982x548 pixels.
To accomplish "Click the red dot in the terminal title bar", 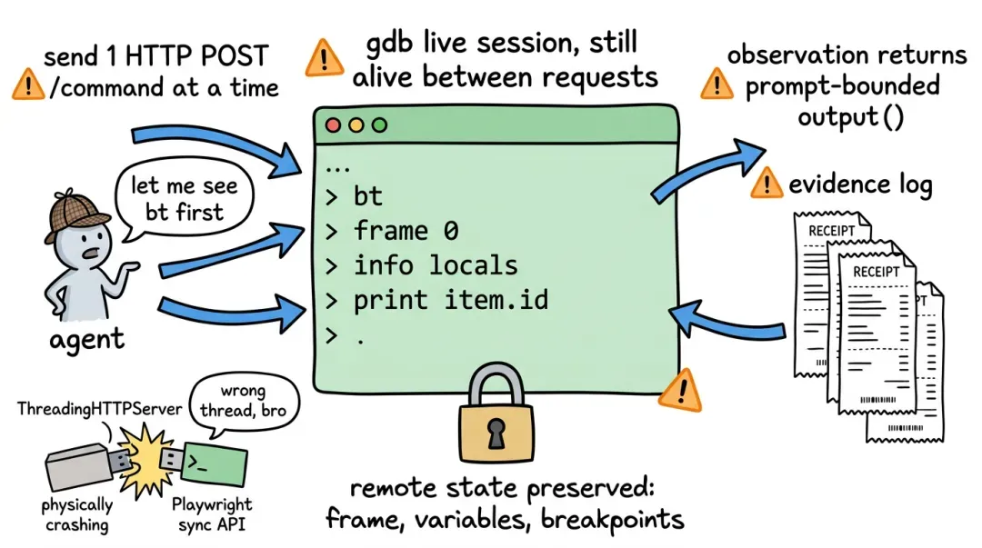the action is (333, 125).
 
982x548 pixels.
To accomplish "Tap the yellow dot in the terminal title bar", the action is (356, 125).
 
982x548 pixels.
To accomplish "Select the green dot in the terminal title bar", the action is (379, 125).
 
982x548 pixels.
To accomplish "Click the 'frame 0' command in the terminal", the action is (406, 231).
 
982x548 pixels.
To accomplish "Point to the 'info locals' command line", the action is (436, 265).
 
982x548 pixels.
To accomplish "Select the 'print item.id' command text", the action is (450, 301).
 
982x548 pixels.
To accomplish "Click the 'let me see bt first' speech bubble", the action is (183, 199).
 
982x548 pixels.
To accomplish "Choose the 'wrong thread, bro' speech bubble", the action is (243, 403).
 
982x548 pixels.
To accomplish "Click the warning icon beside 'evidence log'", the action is (766, 184).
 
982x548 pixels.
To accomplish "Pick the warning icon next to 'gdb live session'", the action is (324, 58).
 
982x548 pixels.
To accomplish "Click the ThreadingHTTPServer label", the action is (100, 409).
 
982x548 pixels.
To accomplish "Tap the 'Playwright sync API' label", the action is (212, 514).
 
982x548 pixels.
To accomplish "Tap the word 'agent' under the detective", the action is (86, 340).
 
